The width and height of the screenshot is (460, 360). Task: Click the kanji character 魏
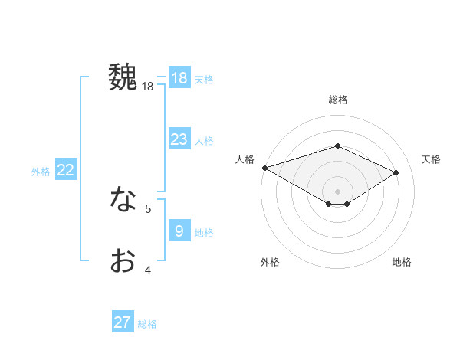tap(123, 77)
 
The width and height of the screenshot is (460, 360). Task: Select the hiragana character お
tap(123, 260)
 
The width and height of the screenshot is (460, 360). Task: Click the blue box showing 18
tap(179, 78)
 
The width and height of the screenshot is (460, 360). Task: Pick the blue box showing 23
tap(179, 139)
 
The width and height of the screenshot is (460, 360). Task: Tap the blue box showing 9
tap(179, 231)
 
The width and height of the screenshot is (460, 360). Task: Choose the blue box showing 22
tap(65, 170)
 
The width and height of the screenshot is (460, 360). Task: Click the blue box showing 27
tap(123, 322)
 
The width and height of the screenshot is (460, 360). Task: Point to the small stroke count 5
tap(148, 208)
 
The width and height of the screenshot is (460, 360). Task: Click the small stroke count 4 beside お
tap(148, 270)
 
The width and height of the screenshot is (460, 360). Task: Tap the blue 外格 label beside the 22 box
tap(41, 172)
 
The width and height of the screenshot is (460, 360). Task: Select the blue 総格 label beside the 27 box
tap(147, 324)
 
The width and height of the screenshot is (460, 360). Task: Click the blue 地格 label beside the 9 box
tap(204, 233)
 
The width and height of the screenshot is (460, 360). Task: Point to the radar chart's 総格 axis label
tap(337, 100)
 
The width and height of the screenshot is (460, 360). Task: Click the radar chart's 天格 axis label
tap(432, 159)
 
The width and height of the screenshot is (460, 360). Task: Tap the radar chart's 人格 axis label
tap(245, 159)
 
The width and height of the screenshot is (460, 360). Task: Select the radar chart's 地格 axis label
tap(402, 262)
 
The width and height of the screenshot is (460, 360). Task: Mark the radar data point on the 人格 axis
tap(264, 167)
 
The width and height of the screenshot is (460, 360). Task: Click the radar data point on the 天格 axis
tap(396, 172)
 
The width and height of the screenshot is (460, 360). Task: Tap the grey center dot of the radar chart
tap(337, 191)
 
